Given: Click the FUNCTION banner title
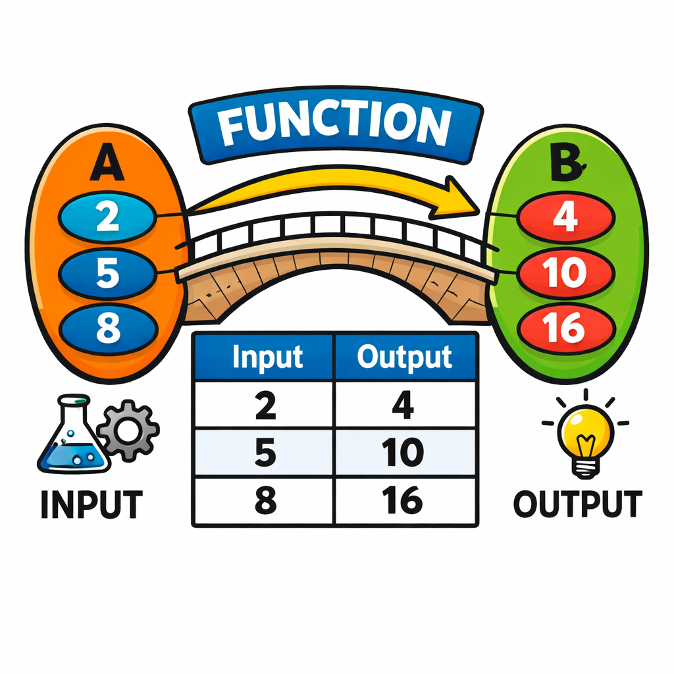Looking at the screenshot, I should [x=335, y=127].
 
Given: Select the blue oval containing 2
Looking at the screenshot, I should [x=107, y=217].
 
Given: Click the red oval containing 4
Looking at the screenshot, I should [x=565, y=218].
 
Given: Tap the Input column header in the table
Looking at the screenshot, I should [x=267, y=357].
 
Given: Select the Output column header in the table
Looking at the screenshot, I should [x=404, y=357].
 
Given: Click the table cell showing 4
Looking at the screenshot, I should [x=403, y=405].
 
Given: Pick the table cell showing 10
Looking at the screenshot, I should [x=403, y=454].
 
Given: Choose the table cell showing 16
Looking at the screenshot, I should [x=403, y=502].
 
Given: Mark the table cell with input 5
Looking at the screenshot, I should [x=265, y=454].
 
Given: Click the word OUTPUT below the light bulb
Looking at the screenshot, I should [x=577, y=504].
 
